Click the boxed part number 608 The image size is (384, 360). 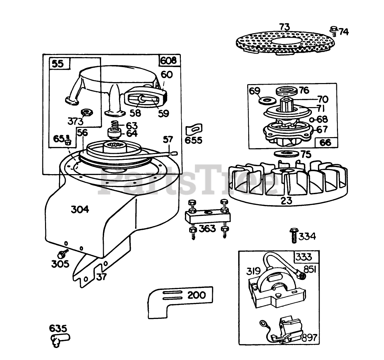(170, 60)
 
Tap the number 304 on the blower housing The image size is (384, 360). (80, 210)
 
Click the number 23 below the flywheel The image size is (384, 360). (287, 201)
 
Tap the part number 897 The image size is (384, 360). (309, 338)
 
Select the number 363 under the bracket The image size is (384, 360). (208, 229)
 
